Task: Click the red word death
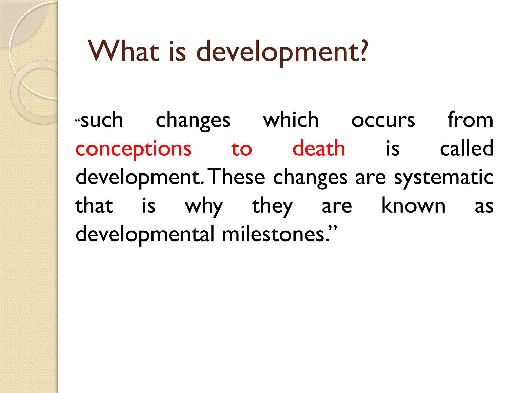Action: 319,148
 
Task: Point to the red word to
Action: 242,149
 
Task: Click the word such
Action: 102,120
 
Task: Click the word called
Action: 466,148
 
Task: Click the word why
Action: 204,207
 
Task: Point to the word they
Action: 272,207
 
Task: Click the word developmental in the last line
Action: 145,235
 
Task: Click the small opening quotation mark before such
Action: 78,120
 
